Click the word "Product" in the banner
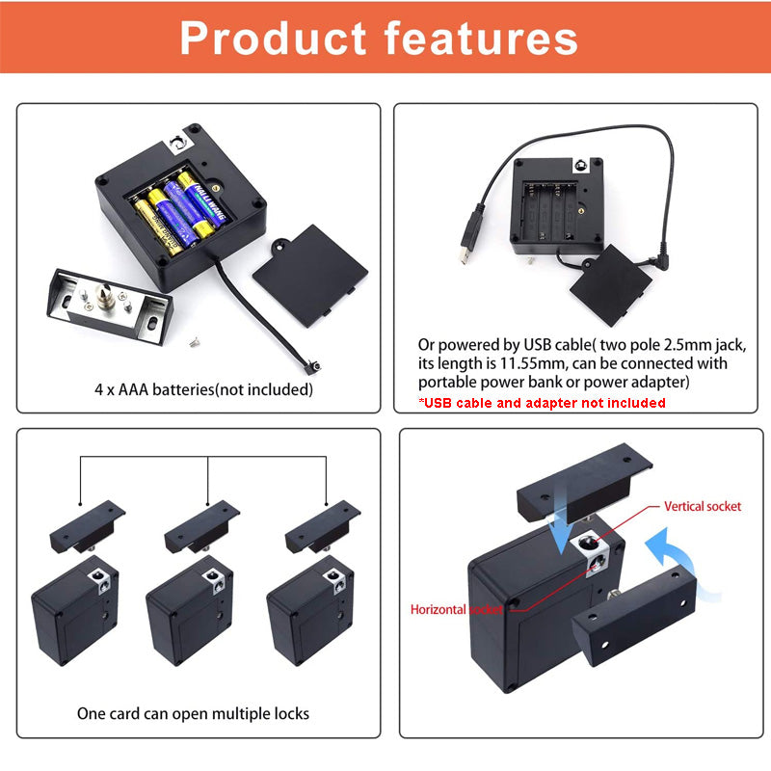pos(273,38)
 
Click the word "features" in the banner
pos(481,38)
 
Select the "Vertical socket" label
pos(703,507)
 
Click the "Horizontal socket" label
pos(456,610)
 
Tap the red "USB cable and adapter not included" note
pos(542,403)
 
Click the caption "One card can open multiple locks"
pos(194,713)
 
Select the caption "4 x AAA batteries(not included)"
pos(203,389)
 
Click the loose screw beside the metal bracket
pos(195,341)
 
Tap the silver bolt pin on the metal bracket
pos(104,296)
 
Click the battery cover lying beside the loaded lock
pos(310,276)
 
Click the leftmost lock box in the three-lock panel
pos(75,610)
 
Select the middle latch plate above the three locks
pos(201,526)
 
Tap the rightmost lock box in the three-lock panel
pos(310,610)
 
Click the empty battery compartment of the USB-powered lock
pos(550,211)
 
